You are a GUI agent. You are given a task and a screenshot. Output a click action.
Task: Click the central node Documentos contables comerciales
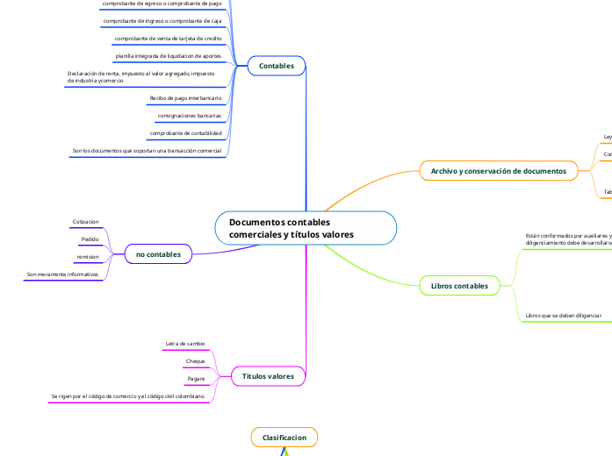tap(306, 228)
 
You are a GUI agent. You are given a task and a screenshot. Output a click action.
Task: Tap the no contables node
tap(158, 254)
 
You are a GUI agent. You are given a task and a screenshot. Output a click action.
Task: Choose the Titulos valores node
tap(269, 375)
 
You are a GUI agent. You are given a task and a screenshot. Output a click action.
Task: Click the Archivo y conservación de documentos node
tap(498, 170)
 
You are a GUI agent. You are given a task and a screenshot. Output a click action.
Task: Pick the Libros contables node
tap(460, 286)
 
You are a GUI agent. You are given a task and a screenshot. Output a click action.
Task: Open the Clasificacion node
tap(284, 436)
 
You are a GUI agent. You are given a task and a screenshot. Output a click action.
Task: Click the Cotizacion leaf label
tap(85, 223)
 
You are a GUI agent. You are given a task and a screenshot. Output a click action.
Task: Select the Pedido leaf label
tap(90, 239)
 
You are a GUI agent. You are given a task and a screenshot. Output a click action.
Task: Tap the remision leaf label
tap(88, 257)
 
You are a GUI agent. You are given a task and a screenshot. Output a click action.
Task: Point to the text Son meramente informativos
tap(62, 274)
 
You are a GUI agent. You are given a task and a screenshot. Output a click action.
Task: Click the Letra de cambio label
tap(185, 343)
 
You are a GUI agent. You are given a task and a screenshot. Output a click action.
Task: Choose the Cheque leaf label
tap(195, 361)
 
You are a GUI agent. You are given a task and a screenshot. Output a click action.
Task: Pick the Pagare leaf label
tap(196, 379)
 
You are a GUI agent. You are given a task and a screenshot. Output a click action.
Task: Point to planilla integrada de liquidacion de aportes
tap(169, 56)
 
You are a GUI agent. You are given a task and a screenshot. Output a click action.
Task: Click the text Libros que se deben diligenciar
tap(563, 314)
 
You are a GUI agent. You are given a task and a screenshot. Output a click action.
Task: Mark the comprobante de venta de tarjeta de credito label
tap(168, 39)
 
